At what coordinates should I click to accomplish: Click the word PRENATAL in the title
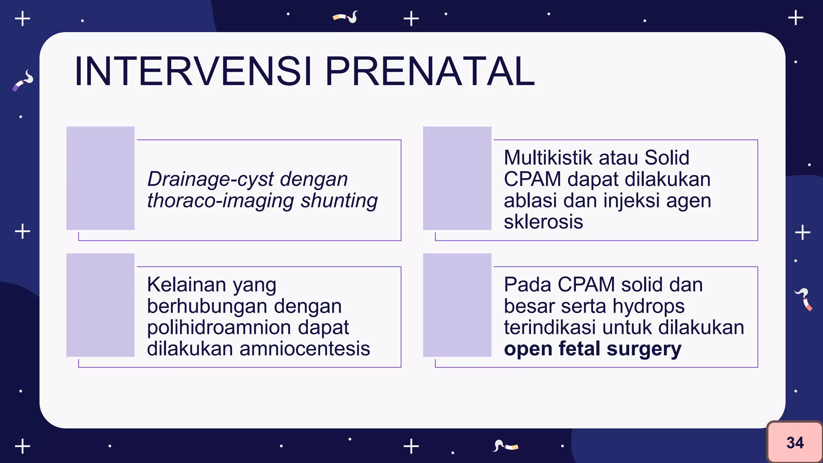pos(429,72)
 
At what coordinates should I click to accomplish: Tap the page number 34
pos(794,443)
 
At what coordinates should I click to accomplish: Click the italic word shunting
pos(339,201)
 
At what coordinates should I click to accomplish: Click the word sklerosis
pos(543,222)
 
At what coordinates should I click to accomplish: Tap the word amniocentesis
pos(304,349)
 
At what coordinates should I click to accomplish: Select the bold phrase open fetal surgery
pos(592,349)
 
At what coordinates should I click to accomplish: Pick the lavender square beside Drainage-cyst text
pos(100,178)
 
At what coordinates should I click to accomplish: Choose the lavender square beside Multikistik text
pos(457,178)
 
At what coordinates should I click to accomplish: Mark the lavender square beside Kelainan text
pos(100,305)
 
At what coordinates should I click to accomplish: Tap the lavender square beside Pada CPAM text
pos(457,305)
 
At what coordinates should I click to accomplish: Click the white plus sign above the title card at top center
pos(411,18)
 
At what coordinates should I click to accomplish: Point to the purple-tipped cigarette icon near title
pos(23,81)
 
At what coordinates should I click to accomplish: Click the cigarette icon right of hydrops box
pos(803,299)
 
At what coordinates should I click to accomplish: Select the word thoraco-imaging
pos(220,201)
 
